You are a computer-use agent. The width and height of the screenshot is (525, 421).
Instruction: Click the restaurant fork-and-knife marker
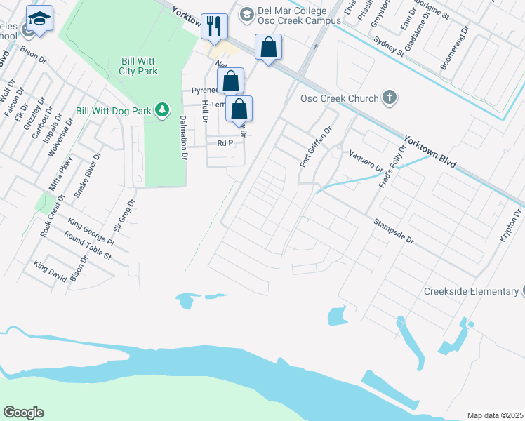tap(215, 26)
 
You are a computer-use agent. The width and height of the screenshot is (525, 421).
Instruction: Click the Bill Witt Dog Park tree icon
tap(162, 109)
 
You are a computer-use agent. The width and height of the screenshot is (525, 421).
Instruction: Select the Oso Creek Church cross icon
tap(390, 98)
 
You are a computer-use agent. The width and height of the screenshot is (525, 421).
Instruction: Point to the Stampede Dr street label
tap(394, 231)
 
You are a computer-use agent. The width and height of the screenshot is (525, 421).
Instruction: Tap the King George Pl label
tap(91, 232)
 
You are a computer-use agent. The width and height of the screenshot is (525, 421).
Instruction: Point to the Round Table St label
tap(88, 247)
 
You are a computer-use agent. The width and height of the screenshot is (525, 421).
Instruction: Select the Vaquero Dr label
tap(366, 160)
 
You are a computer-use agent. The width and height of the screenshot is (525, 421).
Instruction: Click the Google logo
tap(23, 413)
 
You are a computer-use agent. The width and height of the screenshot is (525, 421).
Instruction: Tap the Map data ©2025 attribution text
tap(494, 415)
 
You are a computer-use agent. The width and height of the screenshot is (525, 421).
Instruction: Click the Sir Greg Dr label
tap(124, 215)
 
